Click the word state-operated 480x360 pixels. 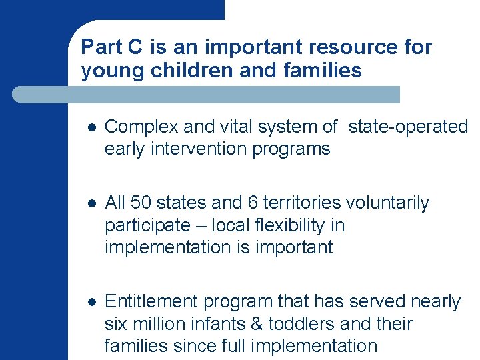click(x=408, y=127)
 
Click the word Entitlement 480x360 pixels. click(x=152, y=302)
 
